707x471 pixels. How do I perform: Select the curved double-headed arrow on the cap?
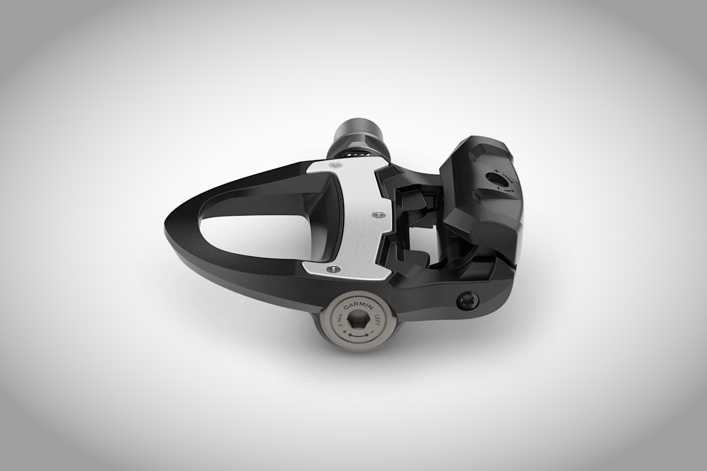[x=359, y=335]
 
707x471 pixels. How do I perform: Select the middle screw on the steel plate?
[x=377, y=215]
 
